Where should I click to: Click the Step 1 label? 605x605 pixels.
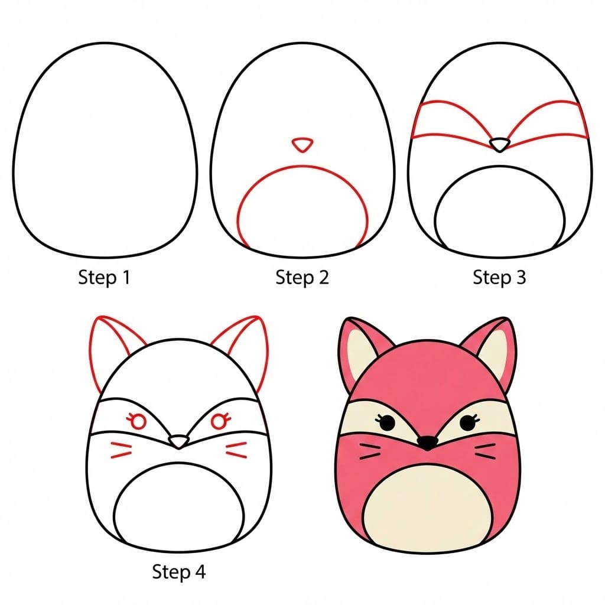click(103, 277)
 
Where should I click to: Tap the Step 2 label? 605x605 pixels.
click(301, 277)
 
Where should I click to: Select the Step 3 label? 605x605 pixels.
click(499, 277)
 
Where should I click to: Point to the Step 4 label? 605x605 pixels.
click(178, 571)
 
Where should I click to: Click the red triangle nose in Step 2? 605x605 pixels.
click(302, 144)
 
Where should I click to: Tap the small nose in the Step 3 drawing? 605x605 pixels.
click(500, 144)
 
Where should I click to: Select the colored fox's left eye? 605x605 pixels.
click(386, 422)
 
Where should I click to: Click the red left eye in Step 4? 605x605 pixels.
click(138, 421)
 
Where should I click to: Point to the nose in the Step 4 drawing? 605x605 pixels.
click(178, 441)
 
